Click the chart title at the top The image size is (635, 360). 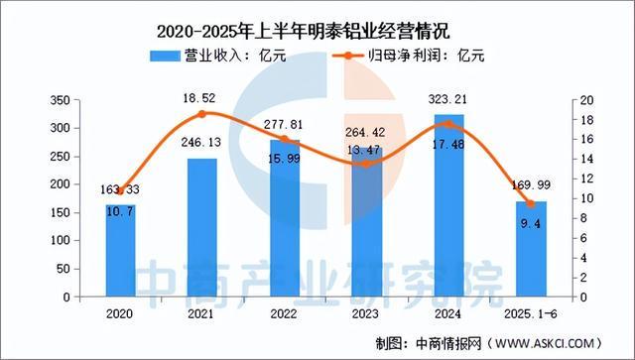point(317,18)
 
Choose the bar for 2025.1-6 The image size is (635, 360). point(532,249)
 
